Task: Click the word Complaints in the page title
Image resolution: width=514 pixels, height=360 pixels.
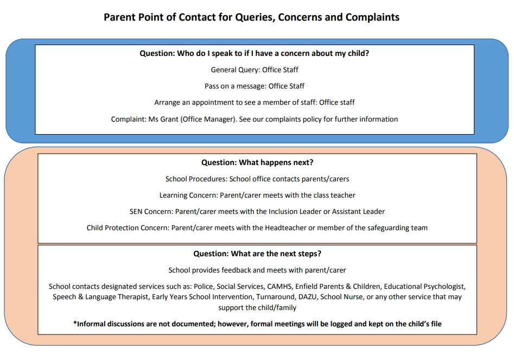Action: coord(372,17)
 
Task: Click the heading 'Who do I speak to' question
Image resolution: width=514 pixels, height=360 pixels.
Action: coord(255,53)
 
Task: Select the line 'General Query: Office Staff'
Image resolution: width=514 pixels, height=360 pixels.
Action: coord(255,70)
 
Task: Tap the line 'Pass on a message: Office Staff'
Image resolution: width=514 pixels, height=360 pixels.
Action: coord(255,86)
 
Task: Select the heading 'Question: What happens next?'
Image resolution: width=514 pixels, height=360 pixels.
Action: coord(257,162)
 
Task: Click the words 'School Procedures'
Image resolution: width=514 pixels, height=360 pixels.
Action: coord(196,179)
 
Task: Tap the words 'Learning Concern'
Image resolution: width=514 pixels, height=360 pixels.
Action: coord(188,195)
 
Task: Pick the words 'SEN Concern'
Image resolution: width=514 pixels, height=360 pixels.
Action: coord(151,212)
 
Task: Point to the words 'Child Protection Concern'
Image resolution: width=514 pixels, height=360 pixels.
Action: coord(127,228)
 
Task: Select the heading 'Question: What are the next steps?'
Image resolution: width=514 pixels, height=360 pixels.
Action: coord(257,254)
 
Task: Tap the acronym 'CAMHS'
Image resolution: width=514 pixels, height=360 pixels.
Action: coord(280,287)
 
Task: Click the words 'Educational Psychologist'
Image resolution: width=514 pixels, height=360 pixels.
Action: coord(424,287)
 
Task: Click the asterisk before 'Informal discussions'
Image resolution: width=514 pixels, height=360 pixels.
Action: coord(75,323)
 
